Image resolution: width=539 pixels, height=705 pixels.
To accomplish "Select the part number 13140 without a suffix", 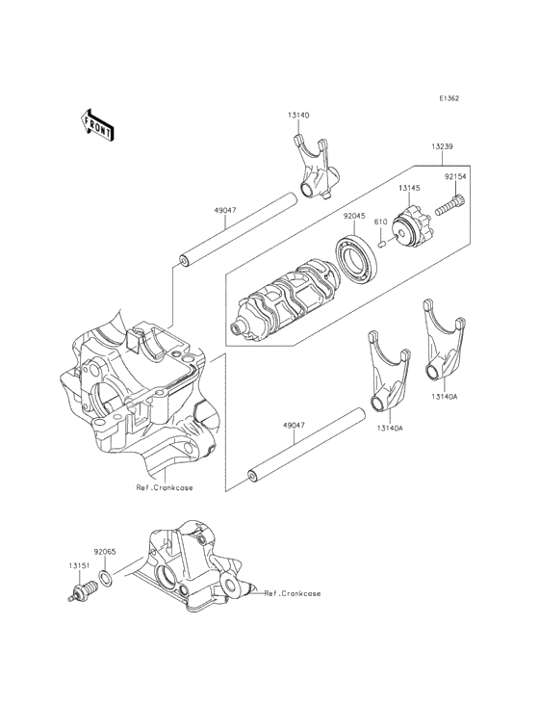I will [x=297, y=115].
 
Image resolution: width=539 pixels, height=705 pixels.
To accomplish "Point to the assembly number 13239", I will [x=444, y=145].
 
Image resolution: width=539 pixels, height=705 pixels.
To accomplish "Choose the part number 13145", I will [x=410, y=189].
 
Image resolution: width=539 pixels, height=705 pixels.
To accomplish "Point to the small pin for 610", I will [x=382, y=244].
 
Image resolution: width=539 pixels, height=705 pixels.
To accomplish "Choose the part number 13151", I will [x=78, y=565].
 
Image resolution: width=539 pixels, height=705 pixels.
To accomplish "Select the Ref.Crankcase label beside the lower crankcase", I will [x=293, y=594].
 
